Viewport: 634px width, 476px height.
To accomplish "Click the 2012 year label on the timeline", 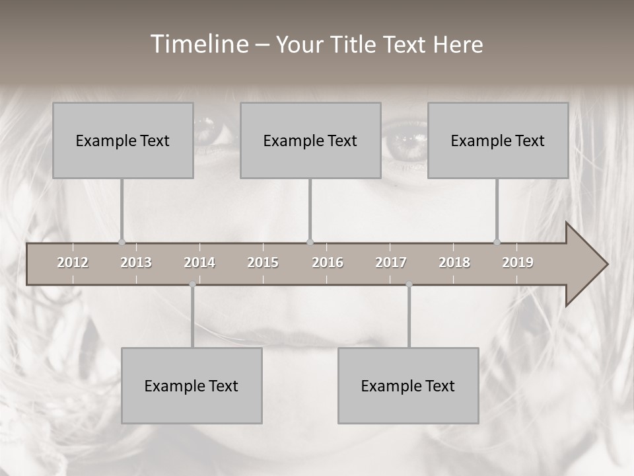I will point(73,262).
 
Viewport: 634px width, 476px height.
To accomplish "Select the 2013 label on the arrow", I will point(136,262).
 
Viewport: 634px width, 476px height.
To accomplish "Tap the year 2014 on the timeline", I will point(199,262).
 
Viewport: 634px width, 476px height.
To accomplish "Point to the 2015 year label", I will point(263,262).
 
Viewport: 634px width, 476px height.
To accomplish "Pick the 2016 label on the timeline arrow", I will point(328,262).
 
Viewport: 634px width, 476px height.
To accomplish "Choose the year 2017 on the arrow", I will point(391,262).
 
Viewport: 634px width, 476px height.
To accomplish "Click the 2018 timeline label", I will point(454,262).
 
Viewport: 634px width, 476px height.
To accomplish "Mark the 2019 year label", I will point(518,262).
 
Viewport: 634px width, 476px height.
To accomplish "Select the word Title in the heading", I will point(355,44).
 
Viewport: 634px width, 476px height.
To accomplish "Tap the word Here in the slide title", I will point(458,44).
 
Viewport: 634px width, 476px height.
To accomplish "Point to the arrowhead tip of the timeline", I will point(606,264).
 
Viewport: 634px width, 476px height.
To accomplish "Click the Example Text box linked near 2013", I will point(123,140).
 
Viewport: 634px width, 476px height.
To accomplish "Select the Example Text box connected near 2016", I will point(310,140).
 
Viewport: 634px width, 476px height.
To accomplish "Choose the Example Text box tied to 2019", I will point(498,140).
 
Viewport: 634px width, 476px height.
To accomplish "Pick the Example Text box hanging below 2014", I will point(192,385).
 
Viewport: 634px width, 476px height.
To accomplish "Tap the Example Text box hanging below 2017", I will point(408,385).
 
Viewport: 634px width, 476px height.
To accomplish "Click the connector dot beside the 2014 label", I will point(192,284).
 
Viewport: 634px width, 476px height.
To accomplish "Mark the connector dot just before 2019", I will point(497,242).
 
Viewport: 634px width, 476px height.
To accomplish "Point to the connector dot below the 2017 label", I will point(409,284).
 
